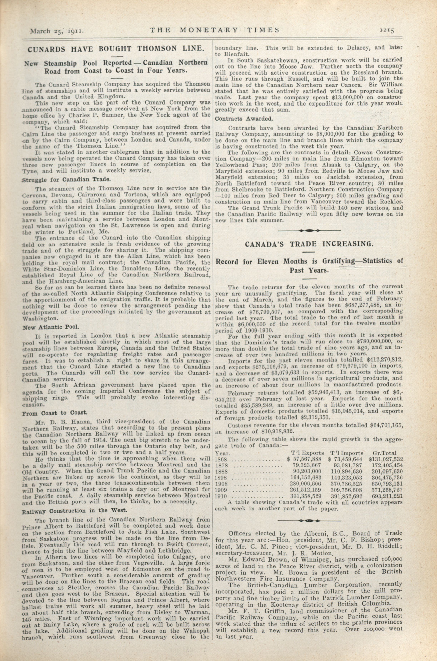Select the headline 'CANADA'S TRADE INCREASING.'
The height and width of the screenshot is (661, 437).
click(x=309, y=244)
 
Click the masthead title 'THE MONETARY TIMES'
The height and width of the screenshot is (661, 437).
click(x=215, y=30)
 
